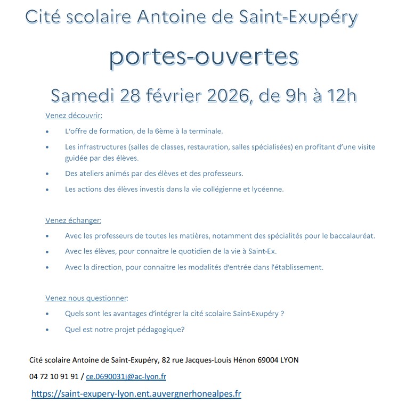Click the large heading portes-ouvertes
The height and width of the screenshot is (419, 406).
(204, 58)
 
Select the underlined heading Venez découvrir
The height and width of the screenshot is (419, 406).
(74, 116)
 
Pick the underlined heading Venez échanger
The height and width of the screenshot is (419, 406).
(74, 220)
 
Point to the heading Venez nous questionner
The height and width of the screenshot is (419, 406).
(87, 298)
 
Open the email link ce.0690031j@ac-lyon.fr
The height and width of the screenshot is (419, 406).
(126, 376)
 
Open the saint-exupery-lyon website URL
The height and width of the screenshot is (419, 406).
(136, 394)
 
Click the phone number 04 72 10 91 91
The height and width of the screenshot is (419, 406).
(54, 376)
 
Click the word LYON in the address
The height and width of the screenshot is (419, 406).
(289, 360)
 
